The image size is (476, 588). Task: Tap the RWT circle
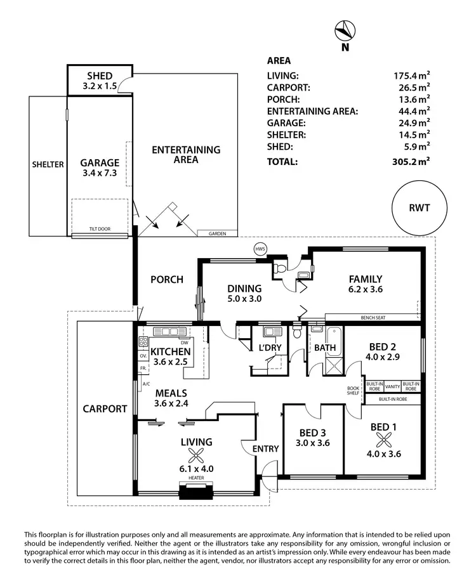click(419, 208)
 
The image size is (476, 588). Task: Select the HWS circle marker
click(260, 249)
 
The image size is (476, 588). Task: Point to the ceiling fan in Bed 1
click(383, 440)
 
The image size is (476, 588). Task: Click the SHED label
click(100, 76)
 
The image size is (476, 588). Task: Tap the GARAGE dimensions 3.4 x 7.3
click(100, 173)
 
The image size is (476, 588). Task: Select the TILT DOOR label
click(99, 229)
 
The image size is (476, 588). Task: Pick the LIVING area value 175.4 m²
click(411, 77)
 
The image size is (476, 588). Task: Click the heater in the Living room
click(195, 491)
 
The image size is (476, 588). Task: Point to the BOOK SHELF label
click(353, 391)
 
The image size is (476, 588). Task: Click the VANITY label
click(392, 385)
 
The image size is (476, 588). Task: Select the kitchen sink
click(169, 331)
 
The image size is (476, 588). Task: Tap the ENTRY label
click(265, 449)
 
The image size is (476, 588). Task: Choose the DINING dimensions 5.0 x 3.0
click(244, 298)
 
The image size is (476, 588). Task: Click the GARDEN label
click(217, 234)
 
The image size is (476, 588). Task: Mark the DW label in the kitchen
click(184, 342)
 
